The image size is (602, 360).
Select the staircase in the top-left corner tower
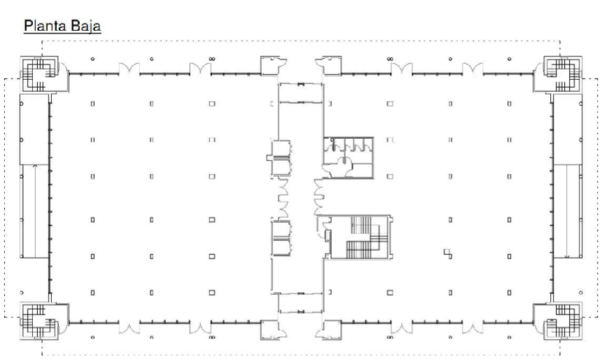click(38, 74)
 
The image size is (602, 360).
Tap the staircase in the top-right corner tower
click(561, 74)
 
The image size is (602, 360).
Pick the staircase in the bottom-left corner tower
click(38, 321)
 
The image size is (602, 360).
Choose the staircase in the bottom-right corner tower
click(561, 321)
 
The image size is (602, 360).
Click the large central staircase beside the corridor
click(361, 237)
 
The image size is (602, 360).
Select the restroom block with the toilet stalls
click(348, 158)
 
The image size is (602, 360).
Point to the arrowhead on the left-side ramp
click(35, 166)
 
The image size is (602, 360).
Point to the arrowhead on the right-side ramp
click(567, 256)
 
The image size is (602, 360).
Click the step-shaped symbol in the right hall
click(447, 253)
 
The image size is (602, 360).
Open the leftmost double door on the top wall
click(129, 69)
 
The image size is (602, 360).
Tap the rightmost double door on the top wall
click(472, 69)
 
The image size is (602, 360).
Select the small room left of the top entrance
click(271, 66)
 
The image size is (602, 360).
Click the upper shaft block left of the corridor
click(279, 158)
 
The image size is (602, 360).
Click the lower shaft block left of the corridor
click(281, 238)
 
